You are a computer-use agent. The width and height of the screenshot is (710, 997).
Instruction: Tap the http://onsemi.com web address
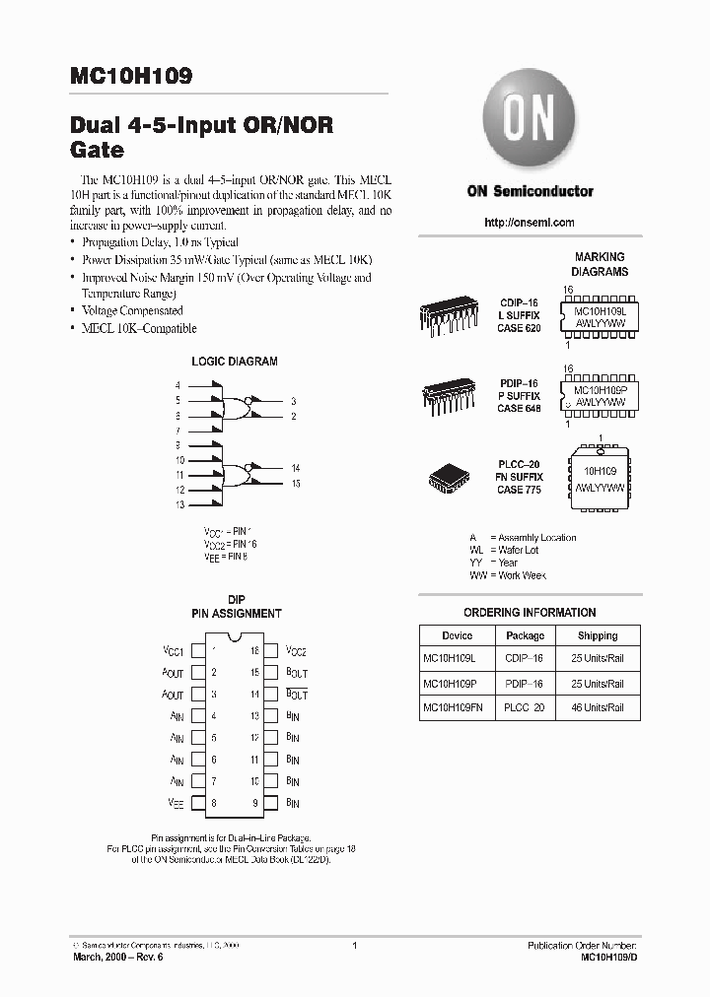click(x=530, y=223)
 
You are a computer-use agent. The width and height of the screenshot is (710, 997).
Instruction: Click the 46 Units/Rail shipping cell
click(x=597, y=707)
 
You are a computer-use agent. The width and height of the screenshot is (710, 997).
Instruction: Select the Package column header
click(x=525, y=635)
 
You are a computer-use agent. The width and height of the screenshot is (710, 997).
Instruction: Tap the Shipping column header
click(x=597, y=635)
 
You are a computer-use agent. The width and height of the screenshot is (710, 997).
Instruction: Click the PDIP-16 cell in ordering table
click(x=525, y=683)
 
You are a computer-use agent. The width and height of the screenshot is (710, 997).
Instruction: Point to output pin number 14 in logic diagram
click(x=295, y=468)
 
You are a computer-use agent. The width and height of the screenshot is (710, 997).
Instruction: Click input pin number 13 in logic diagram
click(x=179, y=505)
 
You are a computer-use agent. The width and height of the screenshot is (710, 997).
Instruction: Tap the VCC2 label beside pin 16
click(x=296, y=651)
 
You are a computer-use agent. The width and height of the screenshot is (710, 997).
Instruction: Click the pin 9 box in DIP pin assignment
click(x=268, y=803)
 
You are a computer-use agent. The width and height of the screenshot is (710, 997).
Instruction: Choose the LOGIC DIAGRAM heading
click(x=234, y=362)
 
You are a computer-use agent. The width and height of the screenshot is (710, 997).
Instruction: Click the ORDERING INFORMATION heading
click(x=530, y=612)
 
